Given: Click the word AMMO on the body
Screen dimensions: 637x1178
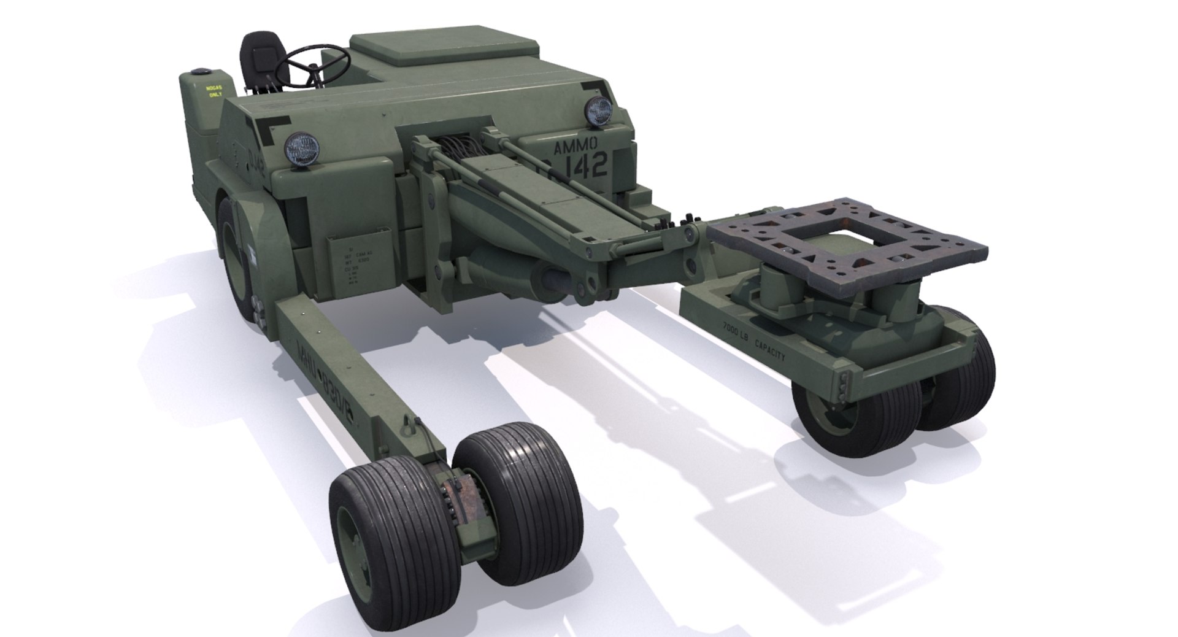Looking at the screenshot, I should (575, 147).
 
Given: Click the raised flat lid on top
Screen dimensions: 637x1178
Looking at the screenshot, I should (445, 49).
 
